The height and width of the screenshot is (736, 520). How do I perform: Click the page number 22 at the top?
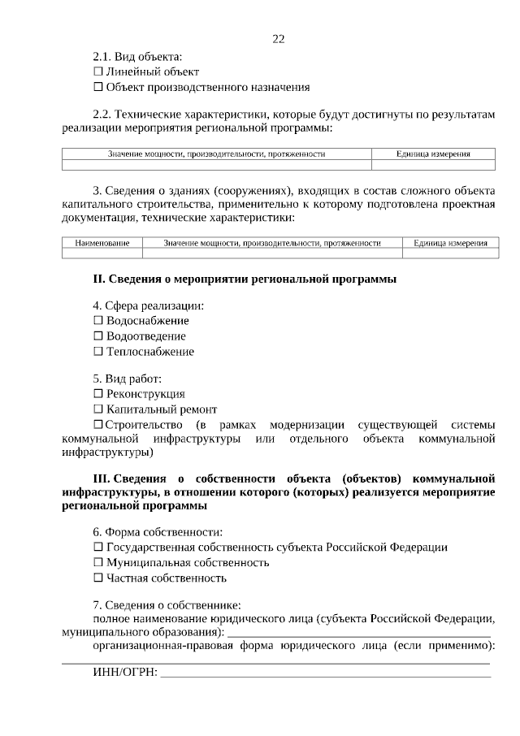pyautogui.click(x=279, y=38)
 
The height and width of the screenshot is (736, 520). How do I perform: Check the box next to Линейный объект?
pyautogui.click(x=98, y=72)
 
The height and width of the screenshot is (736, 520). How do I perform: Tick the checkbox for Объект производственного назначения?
pyautogui.click(x=98, y=88)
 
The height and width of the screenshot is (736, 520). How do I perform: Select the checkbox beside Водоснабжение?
pyautogui.click(x=98, y=321)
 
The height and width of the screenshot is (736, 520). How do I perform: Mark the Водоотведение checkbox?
pyautogui.click(x=98, y=336)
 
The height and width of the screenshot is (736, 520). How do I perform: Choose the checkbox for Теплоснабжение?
pyautogui.click(x=98, y=352)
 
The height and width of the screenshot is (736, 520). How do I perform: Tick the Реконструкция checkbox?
pyautogui.click(x=98, y=394)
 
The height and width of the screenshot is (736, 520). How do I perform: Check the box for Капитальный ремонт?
pyautogui.click(x=98, y=409)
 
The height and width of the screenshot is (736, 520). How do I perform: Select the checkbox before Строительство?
pyautogui.click(x=98, y=425)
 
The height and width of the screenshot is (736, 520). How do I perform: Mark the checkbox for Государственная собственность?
pyautogui.click(x=98, y=548)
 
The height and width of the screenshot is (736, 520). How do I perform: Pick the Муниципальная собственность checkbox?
pyautogui.click(x=98, y=563)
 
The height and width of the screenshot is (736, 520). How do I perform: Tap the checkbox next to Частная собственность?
pyautogui.click(x=98, y=578)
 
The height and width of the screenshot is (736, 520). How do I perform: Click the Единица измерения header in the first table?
pyautogui.click(x=433, y=154)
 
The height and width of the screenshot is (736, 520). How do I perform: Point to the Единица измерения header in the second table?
pyautogui.click(x=450, y=243)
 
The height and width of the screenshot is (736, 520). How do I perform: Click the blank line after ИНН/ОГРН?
pyautogui.click(x=325, y=673)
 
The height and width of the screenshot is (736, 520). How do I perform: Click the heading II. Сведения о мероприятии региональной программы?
pyautogui.click(x=245, y=279)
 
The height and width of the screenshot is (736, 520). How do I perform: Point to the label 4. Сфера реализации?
pyautogui.click(x=148, y=305)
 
